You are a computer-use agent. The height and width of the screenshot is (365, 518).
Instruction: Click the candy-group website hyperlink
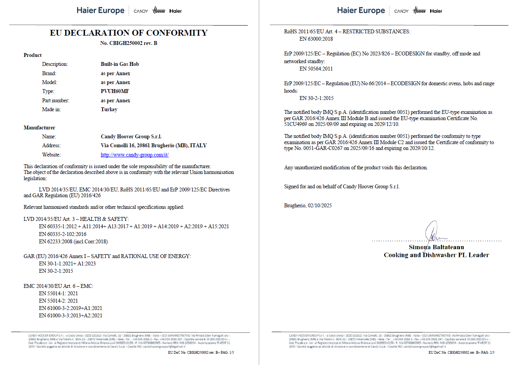pos(134,155)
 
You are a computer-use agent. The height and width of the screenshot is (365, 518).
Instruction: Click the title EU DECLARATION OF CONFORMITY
pos(129,33)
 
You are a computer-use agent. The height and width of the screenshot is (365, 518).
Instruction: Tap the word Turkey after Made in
pos(109,110)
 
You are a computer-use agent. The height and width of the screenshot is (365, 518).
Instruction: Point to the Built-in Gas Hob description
pos(120,64)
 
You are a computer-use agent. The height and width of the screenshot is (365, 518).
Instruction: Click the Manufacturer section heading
pos(39,127)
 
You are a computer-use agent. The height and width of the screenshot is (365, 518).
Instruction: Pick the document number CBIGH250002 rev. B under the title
pos(129,43)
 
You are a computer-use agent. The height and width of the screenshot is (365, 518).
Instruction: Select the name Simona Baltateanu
pos(436,247)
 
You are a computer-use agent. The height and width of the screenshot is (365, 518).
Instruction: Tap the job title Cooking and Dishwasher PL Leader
pos(436,255)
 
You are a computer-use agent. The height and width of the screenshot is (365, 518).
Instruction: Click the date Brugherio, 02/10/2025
pos(308,206)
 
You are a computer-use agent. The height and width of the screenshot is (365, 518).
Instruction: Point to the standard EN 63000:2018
pos(316,39)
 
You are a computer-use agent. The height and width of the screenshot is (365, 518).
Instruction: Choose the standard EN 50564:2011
pos(316,69)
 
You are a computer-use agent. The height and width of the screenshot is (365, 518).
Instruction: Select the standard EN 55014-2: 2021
pos(58,301)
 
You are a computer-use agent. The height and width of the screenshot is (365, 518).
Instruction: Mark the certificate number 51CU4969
pos(295,124)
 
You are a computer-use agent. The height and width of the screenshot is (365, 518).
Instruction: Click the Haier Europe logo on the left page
pos(101,10)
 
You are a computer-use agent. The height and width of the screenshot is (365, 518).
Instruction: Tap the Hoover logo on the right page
pos(419,10)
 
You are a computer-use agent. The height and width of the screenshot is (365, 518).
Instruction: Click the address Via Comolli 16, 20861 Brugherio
pos(153,146)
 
